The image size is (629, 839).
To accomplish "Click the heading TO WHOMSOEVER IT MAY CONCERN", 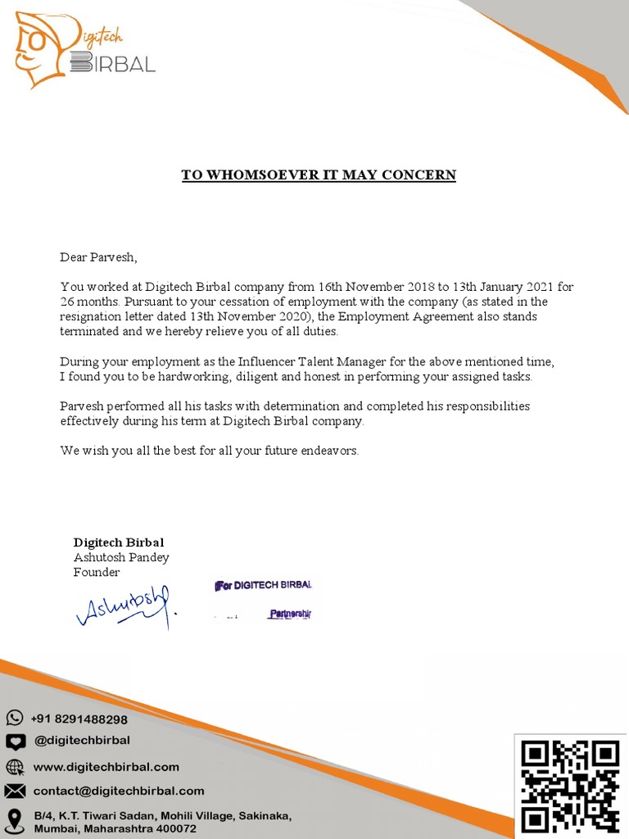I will pyautogui.click(x=318, y=175).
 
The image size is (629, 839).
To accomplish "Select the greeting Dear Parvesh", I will pyautogui.click(x=98, y=257).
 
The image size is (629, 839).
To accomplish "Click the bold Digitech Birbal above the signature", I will pyautogui.click(x=119, y=542).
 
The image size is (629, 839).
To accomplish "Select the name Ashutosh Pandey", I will pyautogui.click(x=121, y=557).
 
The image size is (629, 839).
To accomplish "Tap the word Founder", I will pyautogui.click(x=97, y=572).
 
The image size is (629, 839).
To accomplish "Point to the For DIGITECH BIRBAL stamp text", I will pyautogui.click(x=264, y=586).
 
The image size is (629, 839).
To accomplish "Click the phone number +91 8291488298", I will pyautogui.click(x=79, y=719).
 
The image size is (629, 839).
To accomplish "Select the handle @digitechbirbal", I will pyautogui.click(x=81, y=741).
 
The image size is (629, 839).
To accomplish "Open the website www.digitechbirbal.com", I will pyautogui.click(x=106, y=767).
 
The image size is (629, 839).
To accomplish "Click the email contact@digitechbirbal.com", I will pyautogui.click(x=118, y=791).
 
